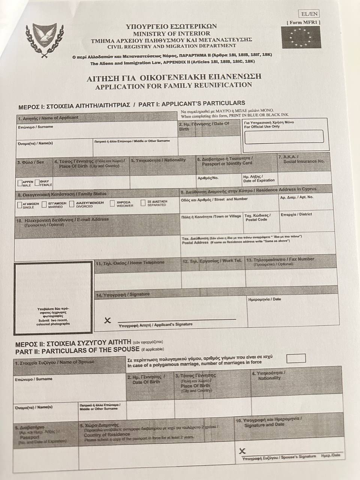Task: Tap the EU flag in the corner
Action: (x=301, y=37)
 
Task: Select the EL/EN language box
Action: (x=309, y=14)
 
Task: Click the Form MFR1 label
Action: (x=303, y=22)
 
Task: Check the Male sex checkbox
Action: (x=19, y=183)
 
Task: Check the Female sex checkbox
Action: (x=37, y=183)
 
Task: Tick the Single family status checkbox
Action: (x=19, y=205)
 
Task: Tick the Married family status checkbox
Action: (x=44, y=204)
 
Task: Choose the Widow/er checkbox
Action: (x=112, y=203)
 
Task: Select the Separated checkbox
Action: (x=143, y=203)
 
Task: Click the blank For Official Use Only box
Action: (x=283, y=136)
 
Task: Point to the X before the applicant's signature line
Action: (x=108, y=320)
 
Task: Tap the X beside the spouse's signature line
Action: (x=242, y=451)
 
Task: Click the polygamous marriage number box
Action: (x=295, y=358)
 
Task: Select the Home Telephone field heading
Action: (x=130, y=263)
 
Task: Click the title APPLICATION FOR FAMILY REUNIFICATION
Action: (x=173, y=85)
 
